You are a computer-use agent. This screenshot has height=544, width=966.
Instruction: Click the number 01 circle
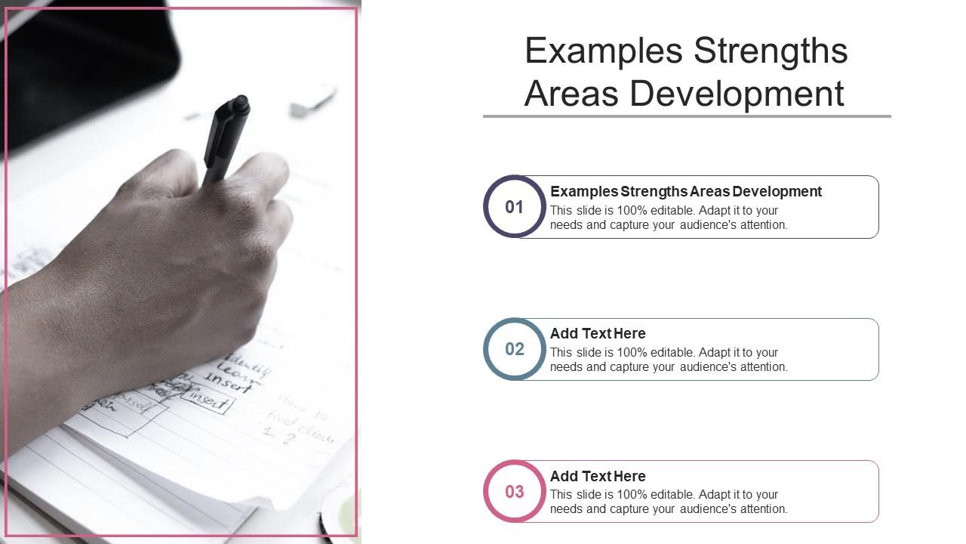pyautogui.click(x=515, y=207)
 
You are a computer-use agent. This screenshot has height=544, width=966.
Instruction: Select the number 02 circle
pyautogui.click(x=515, y=349)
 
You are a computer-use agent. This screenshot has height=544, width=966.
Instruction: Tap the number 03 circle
pyautogui.click(x=515, y=492)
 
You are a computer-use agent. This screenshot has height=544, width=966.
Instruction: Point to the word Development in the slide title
pyautogui.click(x=737, y=94)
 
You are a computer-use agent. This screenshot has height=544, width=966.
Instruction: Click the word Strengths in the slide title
pyautogui.click(x=771, y=51)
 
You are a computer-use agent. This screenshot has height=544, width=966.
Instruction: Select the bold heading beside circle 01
pyautogui.click(x=686, y=191)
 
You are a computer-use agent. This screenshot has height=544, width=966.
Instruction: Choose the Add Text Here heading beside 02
pyautogui.click(x=598, y=333)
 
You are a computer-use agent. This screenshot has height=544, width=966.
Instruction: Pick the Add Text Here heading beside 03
pyautogui.click(x=598, y=476)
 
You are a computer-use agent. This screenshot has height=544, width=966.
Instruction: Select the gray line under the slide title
pyautogui.click(x=687, y=116)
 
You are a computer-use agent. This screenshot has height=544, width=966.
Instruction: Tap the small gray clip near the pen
pyautogui.click(x=313, y=103)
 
